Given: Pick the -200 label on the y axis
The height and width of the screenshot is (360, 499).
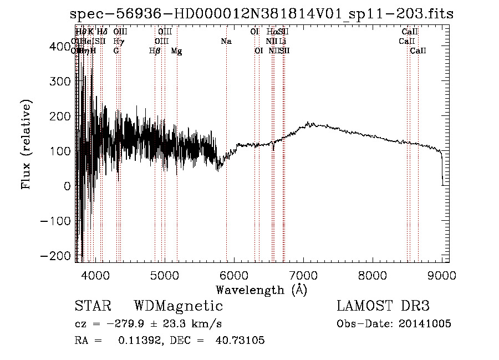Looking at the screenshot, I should tap(58, 255).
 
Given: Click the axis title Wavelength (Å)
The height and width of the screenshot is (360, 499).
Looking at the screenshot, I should tap(261, 290).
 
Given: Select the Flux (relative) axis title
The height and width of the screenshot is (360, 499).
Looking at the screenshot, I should tap(26, 144).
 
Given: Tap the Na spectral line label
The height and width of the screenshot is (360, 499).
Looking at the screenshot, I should tap(226, 41).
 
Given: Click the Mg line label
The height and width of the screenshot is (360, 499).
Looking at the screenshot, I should tap(176, 51).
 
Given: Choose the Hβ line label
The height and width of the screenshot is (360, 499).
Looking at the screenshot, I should tap(155, 51).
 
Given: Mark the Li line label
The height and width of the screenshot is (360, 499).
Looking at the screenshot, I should tap(283, 41).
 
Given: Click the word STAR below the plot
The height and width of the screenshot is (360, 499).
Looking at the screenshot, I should tap(93, 306).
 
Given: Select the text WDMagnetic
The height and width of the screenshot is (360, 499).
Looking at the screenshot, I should tap(179, 306).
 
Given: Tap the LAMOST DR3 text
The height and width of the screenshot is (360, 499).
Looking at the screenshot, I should tap(383, 306).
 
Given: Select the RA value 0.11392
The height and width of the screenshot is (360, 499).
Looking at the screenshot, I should tap(139, 341).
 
